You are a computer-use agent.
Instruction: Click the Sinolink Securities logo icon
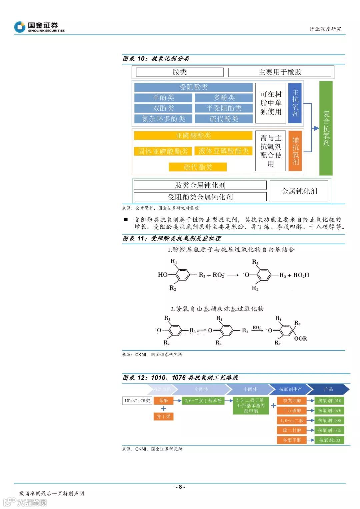[x=20, y=27]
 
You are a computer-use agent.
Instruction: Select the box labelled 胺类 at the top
[x=180, y=72]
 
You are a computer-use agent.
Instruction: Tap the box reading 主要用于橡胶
[x=280, y=72]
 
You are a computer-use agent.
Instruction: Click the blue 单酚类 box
[x=163, y=98]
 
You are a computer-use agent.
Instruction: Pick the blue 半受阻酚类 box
[x=224, y=108]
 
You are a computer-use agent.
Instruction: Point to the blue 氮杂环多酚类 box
[x=163, y=119]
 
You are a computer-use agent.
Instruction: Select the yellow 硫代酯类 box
[x=198, y=167]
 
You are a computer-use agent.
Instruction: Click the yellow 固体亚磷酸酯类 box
[x=163, y=151]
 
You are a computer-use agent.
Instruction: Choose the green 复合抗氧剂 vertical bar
[x=326, y=128]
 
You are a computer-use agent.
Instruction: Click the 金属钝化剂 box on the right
[x=299, y=191]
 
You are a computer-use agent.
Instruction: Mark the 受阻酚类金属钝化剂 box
[x=200, y=197]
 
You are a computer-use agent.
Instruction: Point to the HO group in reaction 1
[x=163, y=275]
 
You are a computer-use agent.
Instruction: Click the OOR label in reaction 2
[x=300, y=339]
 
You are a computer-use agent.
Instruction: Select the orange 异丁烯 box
[x=163, y=416]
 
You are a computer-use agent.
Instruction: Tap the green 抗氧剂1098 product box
[x=329, y=420]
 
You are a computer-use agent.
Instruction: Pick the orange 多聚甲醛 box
[x=292, y=440]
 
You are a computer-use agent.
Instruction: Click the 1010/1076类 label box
[x=137, y=401]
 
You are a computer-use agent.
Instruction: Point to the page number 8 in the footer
[x=180, y=487]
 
